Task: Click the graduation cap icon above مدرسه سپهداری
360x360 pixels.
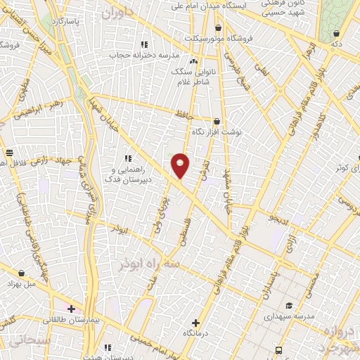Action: [289, 306]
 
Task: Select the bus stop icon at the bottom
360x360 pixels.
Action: [279, 349]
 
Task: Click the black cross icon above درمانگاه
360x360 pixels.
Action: [196, 323]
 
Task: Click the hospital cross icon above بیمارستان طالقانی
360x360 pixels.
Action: [71, 309]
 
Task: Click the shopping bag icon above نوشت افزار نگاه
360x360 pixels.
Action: [217, 121]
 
